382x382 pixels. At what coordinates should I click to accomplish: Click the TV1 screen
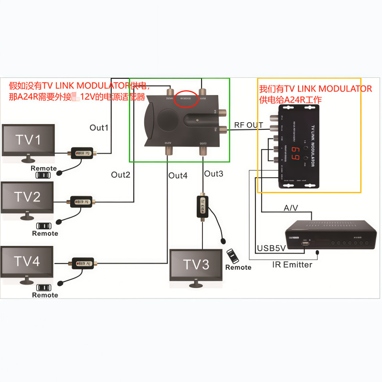coord(28,139)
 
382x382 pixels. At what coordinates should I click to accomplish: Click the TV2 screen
coord(27,197)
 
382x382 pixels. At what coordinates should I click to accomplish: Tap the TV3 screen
coord(197,265)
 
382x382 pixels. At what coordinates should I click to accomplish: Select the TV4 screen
coord(27,261)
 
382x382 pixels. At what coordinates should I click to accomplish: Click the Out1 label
coord(99,127)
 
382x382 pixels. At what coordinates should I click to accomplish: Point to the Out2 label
coord(121,175)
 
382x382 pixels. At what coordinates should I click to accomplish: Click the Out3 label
coord(213,173)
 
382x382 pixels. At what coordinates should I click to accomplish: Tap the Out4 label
coord(178,175)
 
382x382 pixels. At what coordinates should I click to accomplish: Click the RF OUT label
coord(248,125)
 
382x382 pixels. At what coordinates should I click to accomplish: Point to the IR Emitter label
coord(292,265)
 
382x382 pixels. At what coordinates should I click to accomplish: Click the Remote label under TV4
coord(45,295)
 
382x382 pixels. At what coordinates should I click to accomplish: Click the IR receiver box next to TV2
coord(82,202)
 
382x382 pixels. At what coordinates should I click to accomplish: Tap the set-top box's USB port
coord(304,244)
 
